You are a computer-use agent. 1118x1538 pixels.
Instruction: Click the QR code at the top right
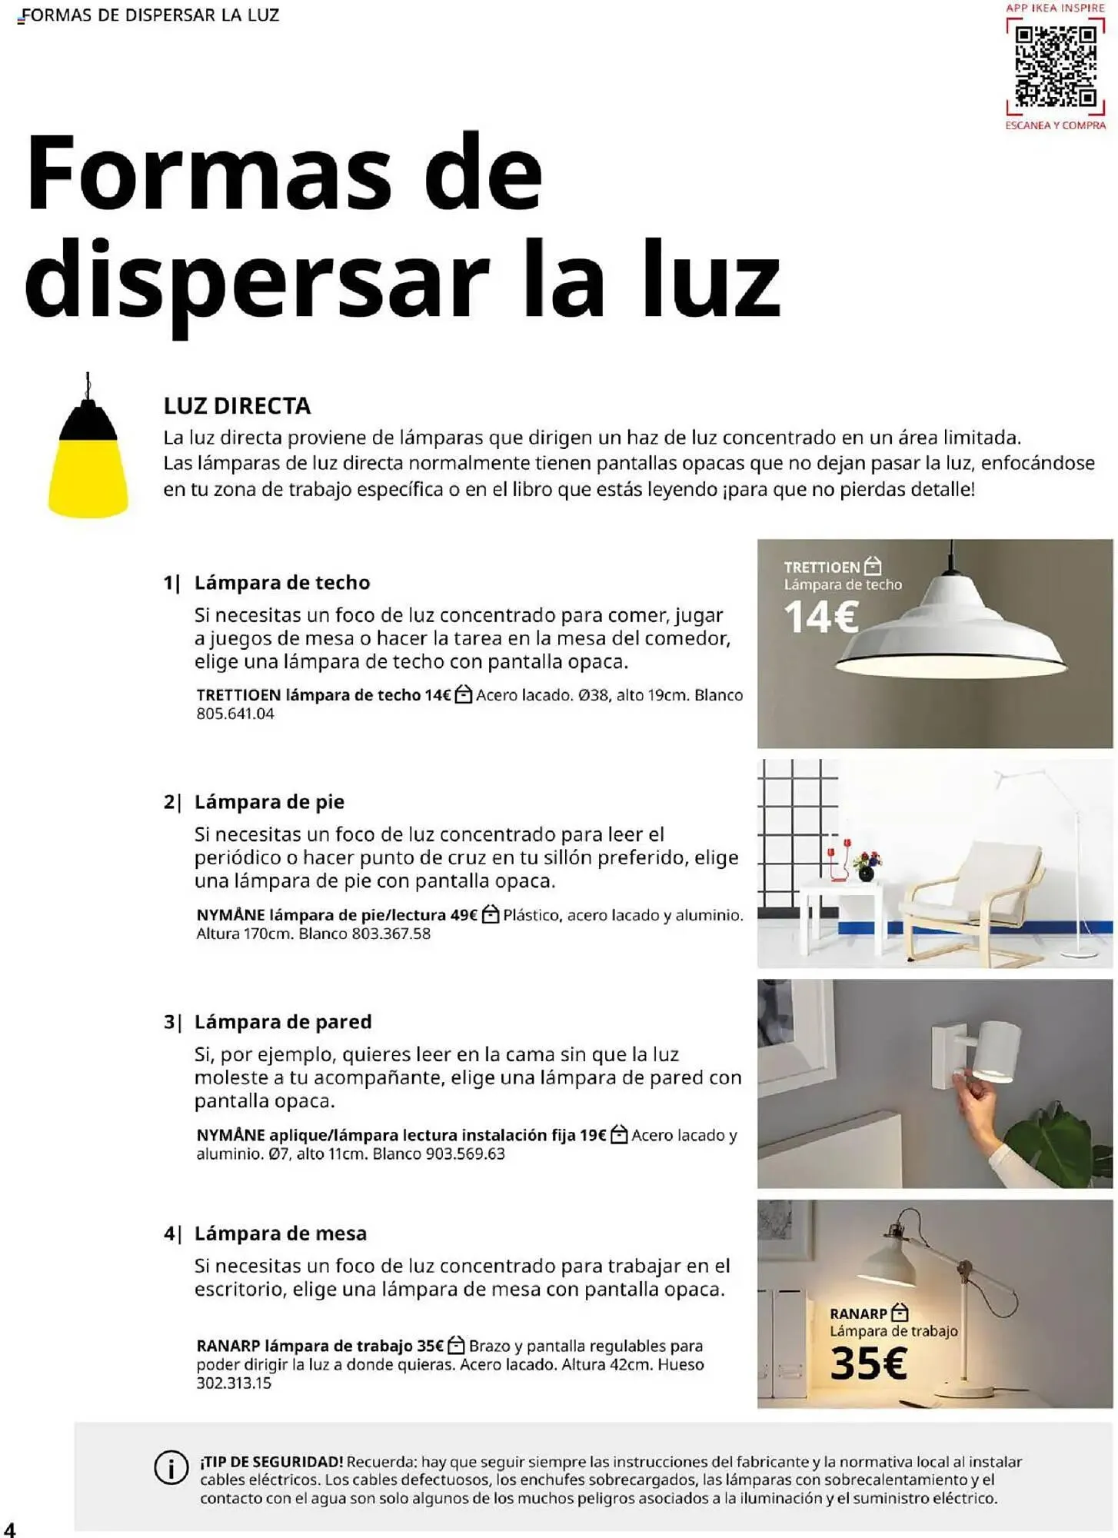click(1056, 67)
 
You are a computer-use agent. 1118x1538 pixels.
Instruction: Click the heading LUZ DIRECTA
click(237, 406)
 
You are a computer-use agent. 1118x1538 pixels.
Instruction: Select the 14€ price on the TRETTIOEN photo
click(820, 618)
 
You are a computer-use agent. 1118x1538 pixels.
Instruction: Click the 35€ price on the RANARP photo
click(869, 1364)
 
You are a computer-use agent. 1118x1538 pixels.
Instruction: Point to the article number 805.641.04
click(235, 714)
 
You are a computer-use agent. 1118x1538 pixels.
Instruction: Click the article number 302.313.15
click(234, 1383)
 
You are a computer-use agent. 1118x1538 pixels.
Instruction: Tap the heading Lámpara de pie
click(269, 802)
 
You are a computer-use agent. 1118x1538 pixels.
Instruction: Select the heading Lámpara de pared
click(282, 1022)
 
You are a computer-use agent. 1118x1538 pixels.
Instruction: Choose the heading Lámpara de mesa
click(280, 1233)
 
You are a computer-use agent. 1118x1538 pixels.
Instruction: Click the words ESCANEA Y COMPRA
click(1055, 125)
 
